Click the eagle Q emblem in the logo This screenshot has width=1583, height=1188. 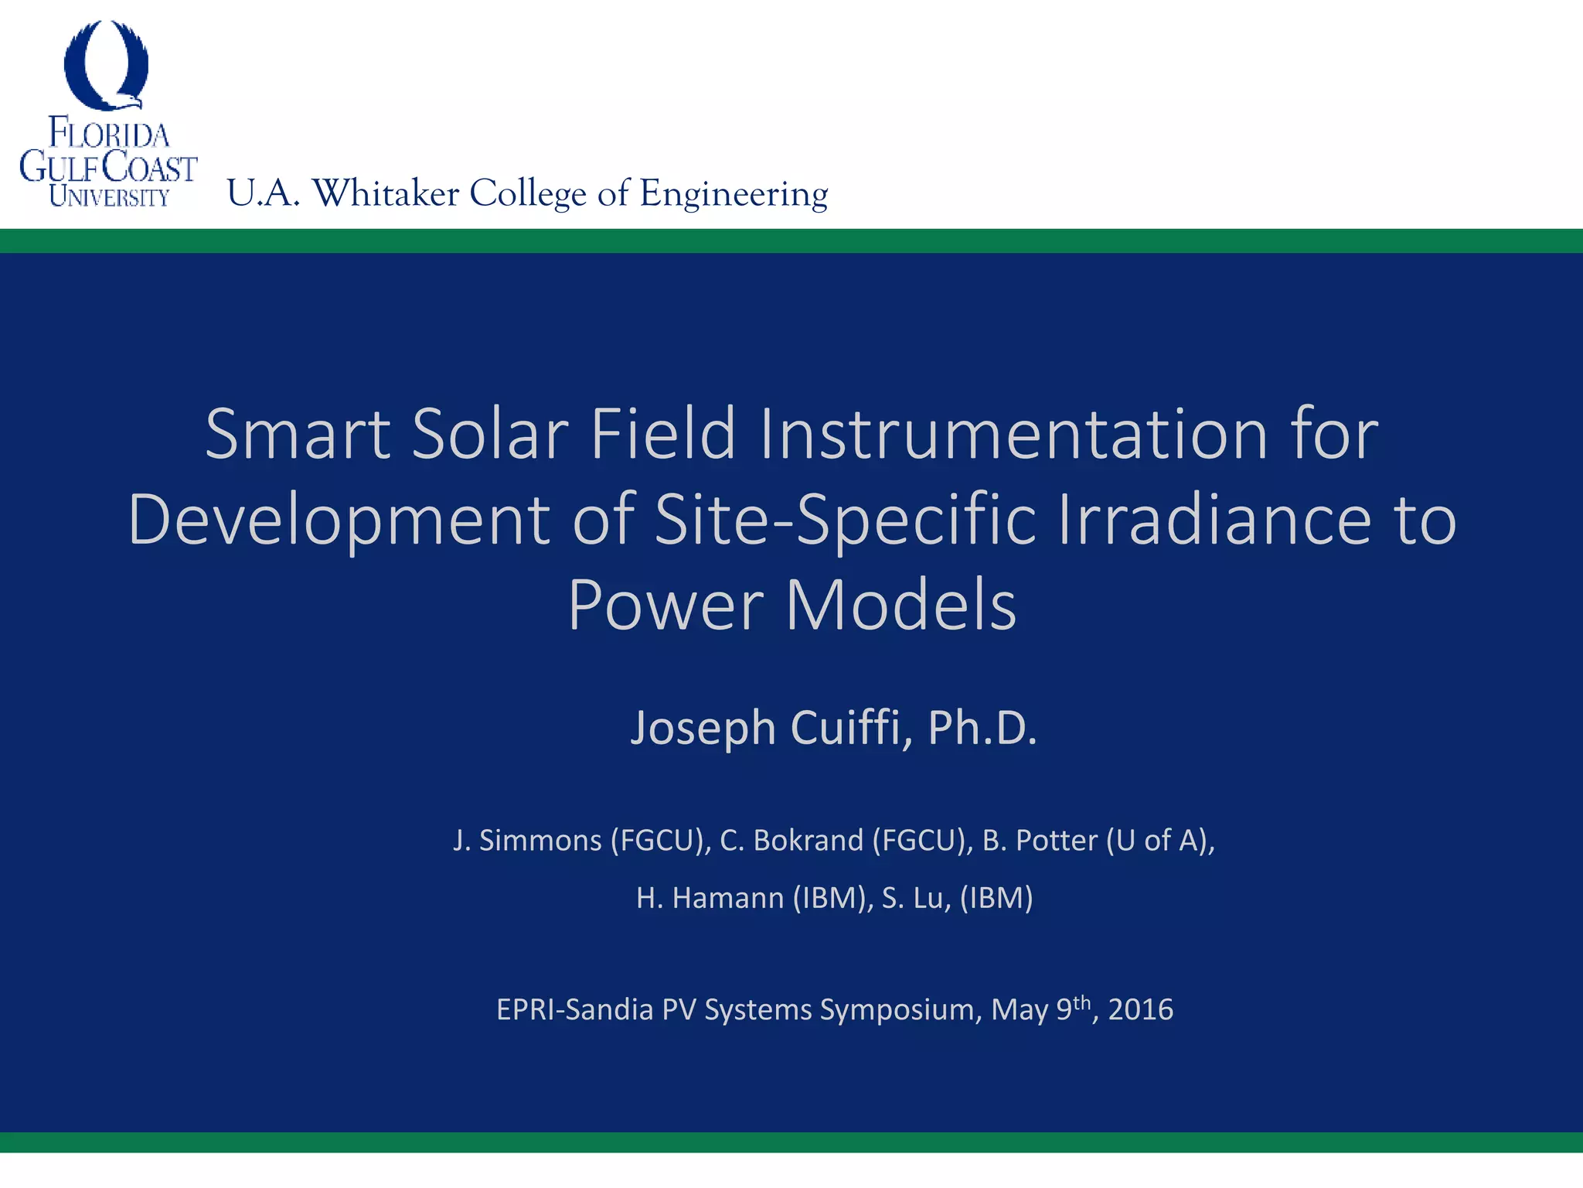[x=106, y=65]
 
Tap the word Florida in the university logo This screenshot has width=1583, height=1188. [x=109, y=133]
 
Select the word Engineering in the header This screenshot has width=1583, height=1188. [x=734, y=193]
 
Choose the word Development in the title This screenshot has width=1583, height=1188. [x=339, y=520]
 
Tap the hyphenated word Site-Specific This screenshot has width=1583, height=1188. [x=845, y=520]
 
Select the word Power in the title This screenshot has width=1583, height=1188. [x=666, y=606]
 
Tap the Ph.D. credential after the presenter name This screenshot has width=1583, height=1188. [x=982, y=728]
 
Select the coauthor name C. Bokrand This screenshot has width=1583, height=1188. [x=791, y=841]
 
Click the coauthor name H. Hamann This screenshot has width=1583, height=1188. [x=710, y=898]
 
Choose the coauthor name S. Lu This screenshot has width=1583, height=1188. [x=915, y=898]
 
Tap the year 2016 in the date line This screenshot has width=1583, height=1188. [x=1141, y=1010]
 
